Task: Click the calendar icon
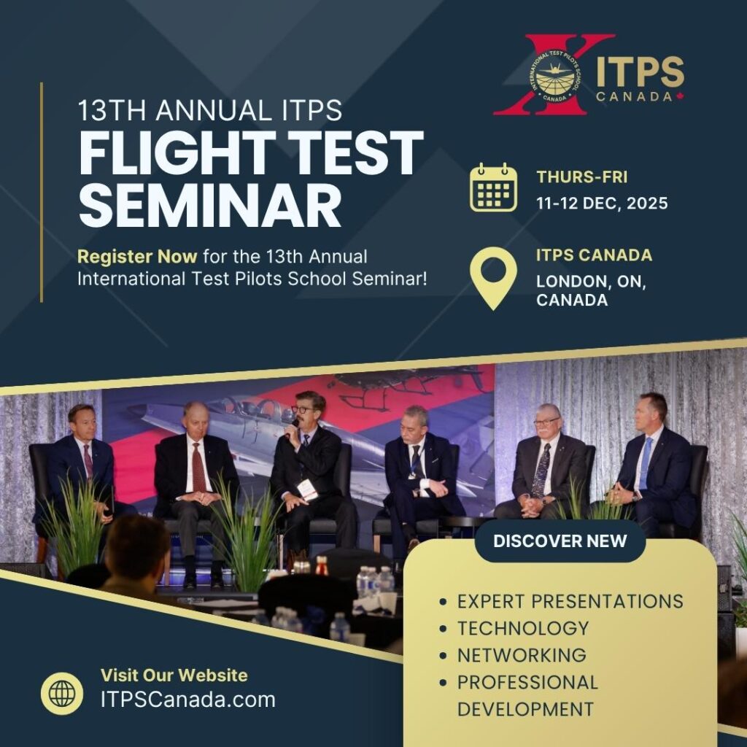tap(493, 188)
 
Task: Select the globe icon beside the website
tap(62, 693)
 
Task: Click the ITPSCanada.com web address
tap(188, 700)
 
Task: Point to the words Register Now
tap(137, 257)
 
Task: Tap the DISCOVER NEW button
tap(560, 541)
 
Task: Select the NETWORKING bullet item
tap(521, 655)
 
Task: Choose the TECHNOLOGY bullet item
tap(522, 628)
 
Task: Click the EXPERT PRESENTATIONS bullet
tap(570, 601)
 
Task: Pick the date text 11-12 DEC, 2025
tap(602, 203)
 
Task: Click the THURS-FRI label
tap(581, 177)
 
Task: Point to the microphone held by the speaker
tap(295, 422)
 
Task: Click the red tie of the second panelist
tap(198, 467)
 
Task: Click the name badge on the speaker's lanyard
tap(308, 489)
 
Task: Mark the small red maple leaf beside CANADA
tap(680, 96)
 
